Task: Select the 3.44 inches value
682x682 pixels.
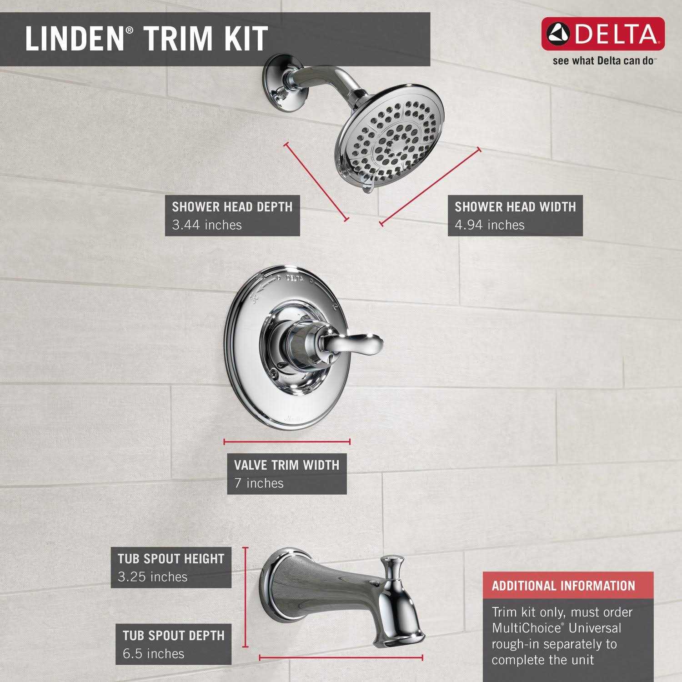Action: tap(207, 225)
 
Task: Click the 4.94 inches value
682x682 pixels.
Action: tap(490, 225)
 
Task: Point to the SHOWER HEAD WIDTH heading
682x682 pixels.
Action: tap(515, 207)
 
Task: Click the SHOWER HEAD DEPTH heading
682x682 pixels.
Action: tap(232, 207)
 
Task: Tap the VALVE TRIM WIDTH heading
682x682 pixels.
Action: tap(286, 465)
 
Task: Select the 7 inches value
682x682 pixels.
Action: tap(259, 483)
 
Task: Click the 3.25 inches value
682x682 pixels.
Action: tap(152, 577)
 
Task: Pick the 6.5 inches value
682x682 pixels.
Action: tap(153, 653)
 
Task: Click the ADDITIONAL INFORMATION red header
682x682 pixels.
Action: tap(563, 585)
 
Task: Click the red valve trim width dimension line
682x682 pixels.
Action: tap(287, 441)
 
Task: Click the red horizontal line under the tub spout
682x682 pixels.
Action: tap(341, 657)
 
